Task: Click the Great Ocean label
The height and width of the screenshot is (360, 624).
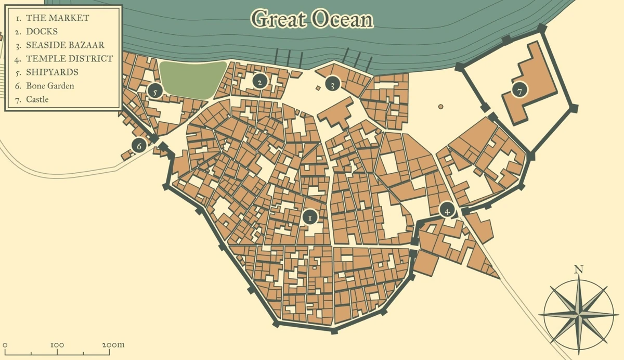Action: tap(313, 19)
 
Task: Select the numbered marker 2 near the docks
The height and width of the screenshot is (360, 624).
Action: tap(259, 81)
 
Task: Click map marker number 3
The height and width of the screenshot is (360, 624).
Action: tap(332, 84)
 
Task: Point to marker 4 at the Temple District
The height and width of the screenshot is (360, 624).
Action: tap(447, 210)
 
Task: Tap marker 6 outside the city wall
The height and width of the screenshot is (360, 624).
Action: tap(138, 146)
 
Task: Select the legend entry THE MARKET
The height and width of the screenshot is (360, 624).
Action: tap(57, 18)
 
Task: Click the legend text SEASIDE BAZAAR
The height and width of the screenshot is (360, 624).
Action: tap(65, 45)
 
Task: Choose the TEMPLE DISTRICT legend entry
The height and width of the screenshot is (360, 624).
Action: tap(69, 58)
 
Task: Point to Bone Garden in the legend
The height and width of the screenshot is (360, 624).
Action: tap(50, 85)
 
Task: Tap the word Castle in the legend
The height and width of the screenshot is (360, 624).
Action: tap(37, 99)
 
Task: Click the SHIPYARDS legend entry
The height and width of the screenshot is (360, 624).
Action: tap(52, 72)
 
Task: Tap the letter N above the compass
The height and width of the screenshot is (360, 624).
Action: tap(578, 269)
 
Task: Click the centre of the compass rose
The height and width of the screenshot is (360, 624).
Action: tap(578, 314)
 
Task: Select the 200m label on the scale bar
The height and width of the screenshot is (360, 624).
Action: tap(113, 344)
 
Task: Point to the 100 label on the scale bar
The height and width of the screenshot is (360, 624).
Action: tap(57, 344)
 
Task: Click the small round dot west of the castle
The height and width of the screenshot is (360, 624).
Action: tap(440, 107)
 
